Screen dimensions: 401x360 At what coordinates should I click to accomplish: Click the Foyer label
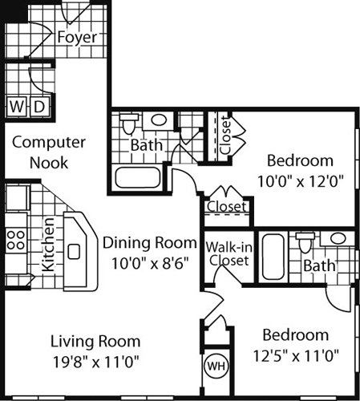pos(78,38)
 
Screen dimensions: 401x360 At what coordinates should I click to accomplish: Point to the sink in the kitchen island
pos(74,252)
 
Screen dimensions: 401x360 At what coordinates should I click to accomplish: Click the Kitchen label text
pos(47,244)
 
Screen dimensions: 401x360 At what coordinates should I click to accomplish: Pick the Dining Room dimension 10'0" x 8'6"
pos(149,261)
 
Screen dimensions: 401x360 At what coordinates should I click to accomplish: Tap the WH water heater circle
pos(216,367)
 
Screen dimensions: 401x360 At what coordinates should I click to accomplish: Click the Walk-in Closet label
pos(227,253)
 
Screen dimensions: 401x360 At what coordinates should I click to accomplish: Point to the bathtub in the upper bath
pos(140,176)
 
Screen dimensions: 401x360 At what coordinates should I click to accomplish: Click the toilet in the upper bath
pos(128,126)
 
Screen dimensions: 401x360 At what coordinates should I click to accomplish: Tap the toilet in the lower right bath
pos(304,241)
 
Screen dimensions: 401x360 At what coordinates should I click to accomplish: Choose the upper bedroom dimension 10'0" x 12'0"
pos(300,180)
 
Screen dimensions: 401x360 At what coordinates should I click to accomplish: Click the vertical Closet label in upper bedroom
pos(225,137)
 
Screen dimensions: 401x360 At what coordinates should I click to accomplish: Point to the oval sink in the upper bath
pos(160,121)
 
